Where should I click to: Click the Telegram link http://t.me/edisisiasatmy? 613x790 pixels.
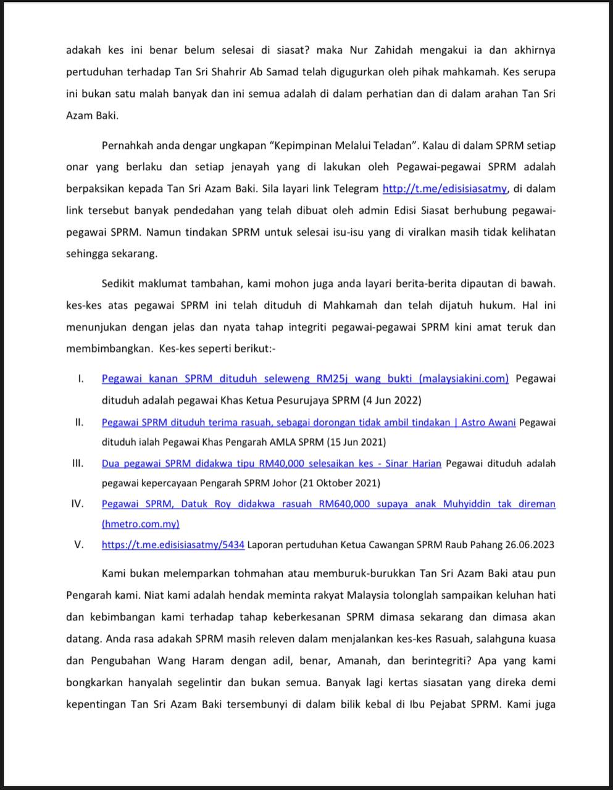tap(444, 189)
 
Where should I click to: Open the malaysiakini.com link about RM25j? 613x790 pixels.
tap(305, 379)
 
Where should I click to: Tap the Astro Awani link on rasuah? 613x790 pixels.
tap(308, 423)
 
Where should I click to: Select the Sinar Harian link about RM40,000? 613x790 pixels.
tap(271, 464)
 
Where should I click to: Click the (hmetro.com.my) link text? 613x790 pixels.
tap(141, 524)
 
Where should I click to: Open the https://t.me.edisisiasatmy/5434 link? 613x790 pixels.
tap(173, 545)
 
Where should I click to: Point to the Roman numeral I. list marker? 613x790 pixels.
tap(80, 379)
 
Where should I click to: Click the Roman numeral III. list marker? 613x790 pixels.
tap(78, 464)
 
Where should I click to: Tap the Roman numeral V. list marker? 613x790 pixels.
tap(78, 545)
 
